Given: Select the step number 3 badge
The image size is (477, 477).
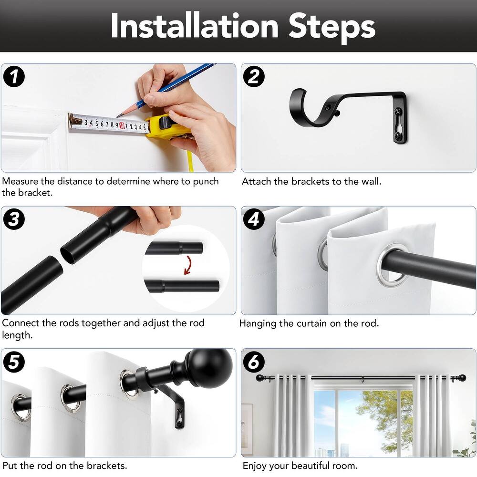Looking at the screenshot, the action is (x=14, y=219).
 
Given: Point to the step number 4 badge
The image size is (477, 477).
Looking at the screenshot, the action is (x=254, y=219).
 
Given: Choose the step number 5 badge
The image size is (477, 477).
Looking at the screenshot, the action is (x=14, y=362).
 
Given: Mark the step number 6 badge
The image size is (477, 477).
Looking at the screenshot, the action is (x=254, y=362).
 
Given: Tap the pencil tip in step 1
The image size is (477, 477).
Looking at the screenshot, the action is (x=117, y=116).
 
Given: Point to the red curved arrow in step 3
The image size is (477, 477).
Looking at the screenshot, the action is (x=188, y=265).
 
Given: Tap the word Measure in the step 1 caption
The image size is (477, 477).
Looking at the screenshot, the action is (x=20, y=181).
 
